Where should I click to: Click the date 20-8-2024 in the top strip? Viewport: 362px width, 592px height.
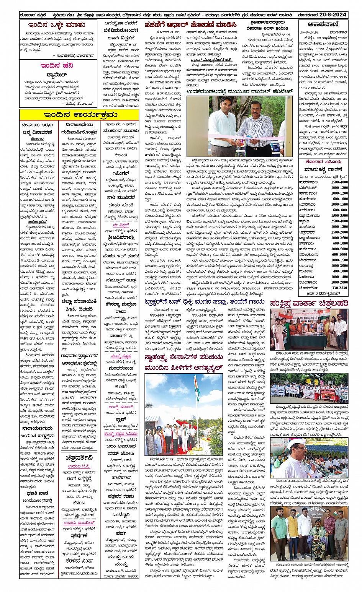(x=332, y=15)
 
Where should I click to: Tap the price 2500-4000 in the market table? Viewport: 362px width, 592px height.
(x=339, y=221)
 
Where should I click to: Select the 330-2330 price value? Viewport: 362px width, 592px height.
(x=339, y=288)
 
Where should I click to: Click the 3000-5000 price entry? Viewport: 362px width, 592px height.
(x=339, y=249)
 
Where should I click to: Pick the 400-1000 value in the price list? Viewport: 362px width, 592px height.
(x=339, y=271)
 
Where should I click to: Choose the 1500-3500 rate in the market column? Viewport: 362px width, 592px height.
(x=339, y=216)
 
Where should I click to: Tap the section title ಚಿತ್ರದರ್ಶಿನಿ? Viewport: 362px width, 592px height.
(x=79, y=457)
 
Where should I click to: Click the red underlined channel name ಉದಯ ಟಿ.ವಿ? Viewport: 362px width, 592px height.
(x=79, y=466)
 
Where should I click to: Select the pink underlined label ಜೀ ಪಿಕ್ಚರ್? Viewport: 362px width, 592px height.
(x=121, y=225)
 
